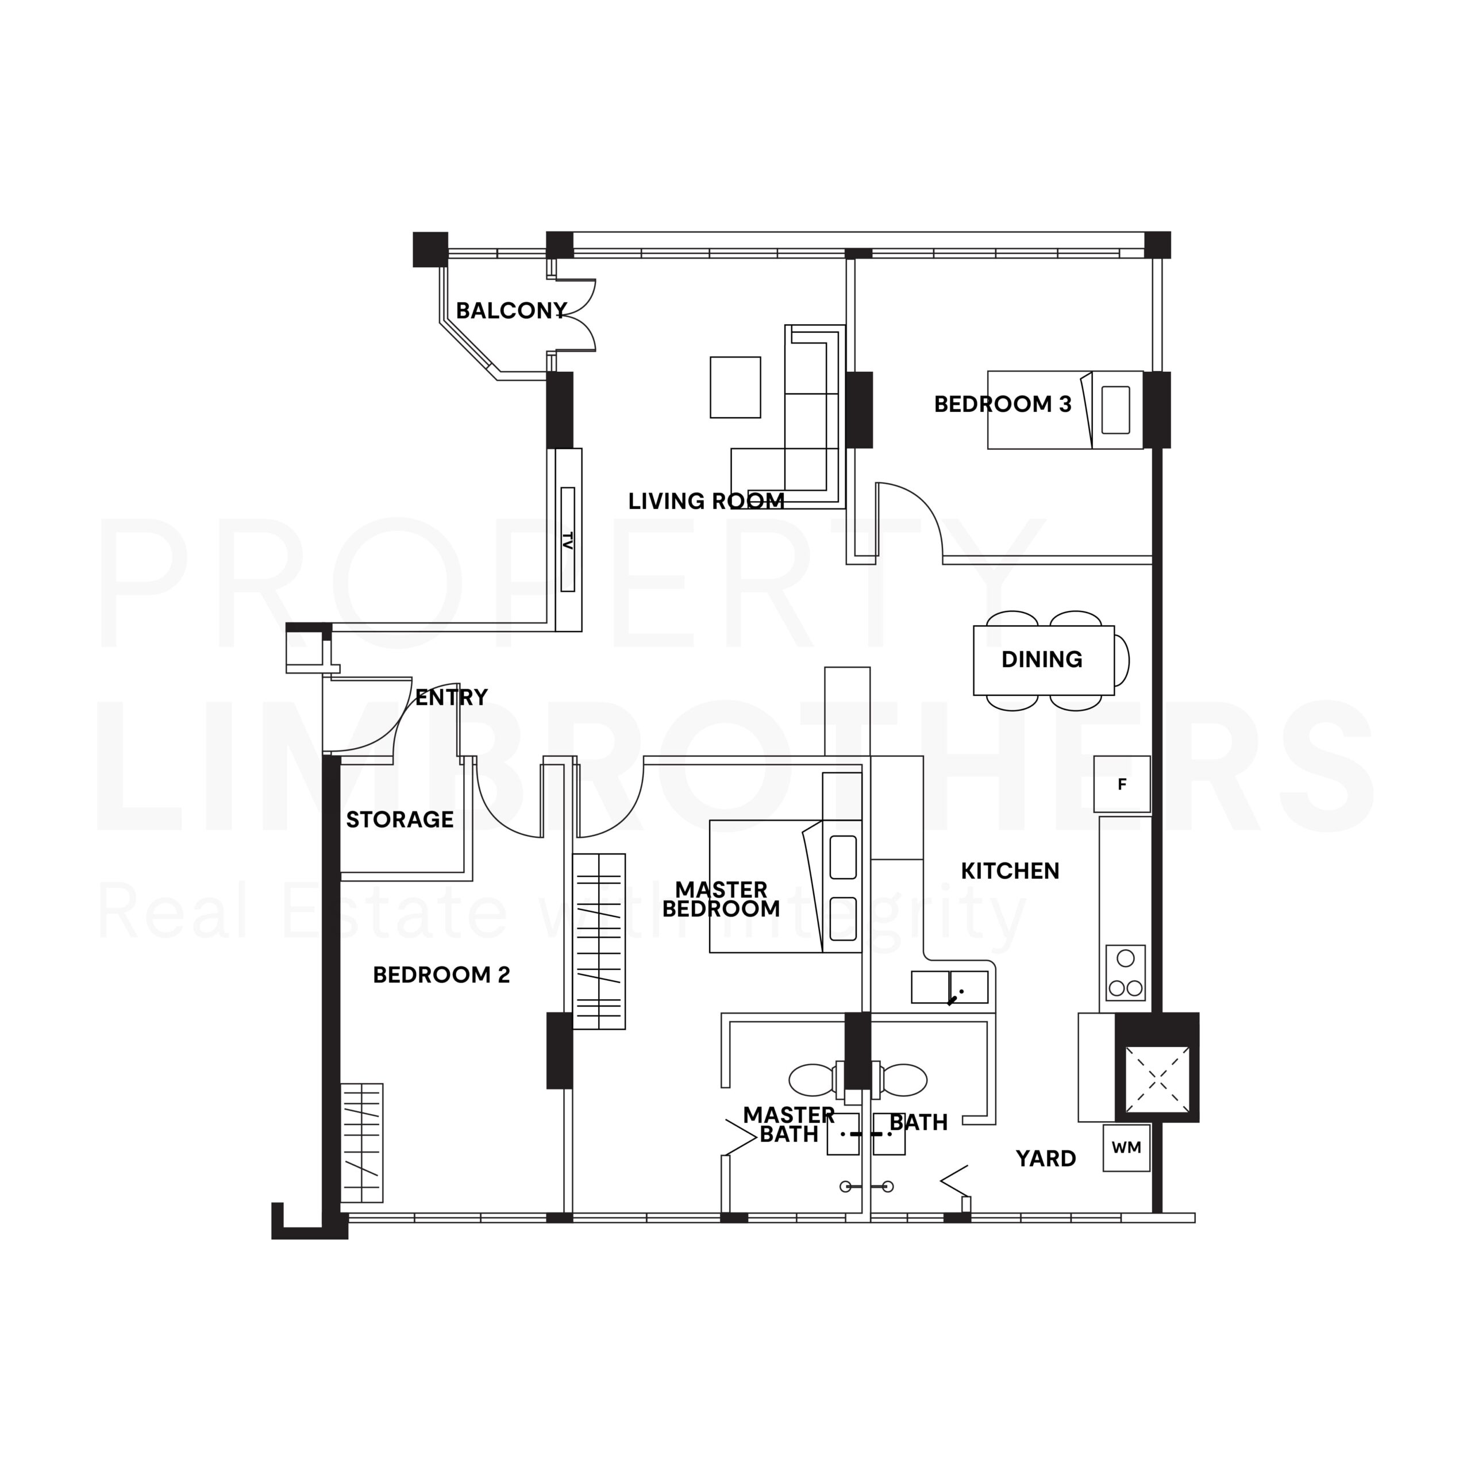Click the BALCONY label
tap(511, 311)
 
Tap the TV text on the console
tap(567, 541)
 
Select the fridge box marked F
tap(1122, 784)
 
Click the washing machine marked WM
tap(1126, 1147)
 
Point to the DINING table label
tap(1042, 659)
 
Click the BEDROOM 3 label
tap(1003, 405)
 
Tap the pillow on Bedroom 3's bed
tap(1115, 410)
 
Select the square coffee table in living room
tap(735, 387)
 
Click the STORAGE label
tap(400, 820)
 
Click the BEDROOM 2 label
tap(442, 975)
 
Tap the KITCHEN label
tap(1010, 871)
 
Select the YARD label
tap(1046, 1159)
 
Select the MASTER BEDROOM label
tap(721, 899)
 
